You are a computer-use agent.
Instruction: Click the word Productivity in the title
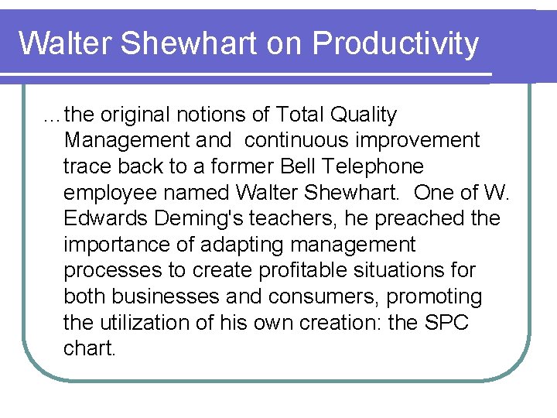click(395, 45)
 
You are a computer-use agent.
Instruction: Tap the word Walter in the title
click(66, 43)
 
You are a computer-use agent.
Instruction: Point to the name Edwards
click(108, 219)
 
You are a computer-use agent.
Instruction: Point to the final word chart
click(89, 349)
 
